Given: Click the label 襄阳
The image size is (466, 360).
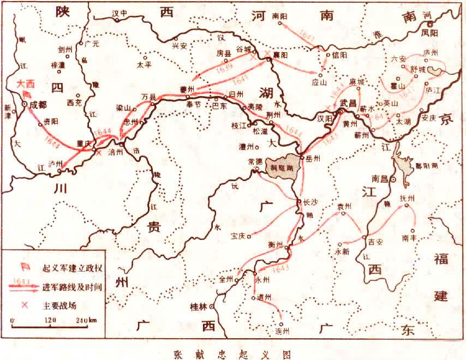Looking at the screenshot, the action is tap(280, 55).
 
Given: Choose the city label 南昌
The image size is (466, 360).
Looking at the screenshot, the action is tap(380, 178).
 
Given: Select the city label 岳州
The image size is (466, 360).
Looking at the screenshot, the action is tap(312, 158).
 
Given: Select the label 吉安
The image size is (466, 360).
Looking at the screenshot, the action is tap(377, 241).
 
